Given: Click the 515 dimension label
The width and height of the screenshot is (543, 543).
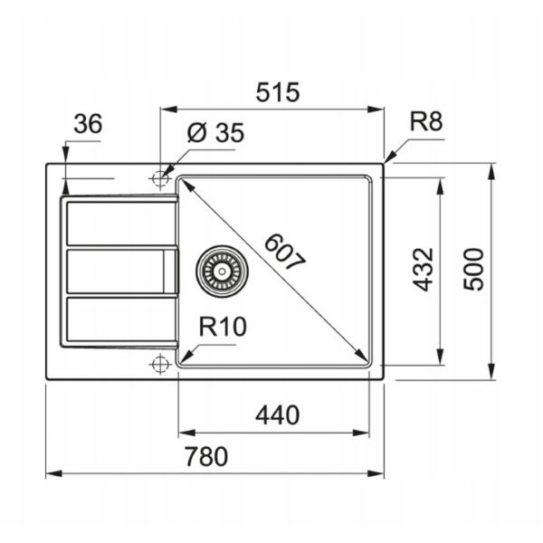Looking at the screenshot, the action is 278,92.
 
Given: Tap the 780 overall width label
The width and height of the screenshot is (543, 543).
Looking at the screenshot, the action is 206,456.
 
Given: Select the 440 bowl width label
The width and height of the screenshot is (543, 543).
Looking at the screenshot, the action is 278,415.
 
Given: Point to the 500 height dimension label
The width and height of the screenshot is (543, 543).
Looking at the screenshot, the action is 473,270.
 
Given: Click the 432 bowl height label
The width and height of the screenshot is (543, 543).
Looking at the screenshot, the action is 424,270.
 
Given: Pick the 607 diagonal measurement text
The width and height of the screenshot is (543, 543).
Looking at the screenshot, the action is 285,252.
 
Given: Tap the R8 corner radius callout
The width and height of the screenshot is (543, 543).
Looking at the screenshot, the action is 426,121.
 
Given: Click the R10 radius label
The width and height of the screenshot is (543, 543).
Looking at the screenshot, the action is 223,327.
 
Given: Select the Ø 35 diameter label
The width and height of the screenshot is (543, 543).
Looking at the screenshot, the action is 215,133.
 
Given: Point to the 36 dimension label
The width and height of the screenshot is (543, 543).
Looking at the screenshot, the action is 88,124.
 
